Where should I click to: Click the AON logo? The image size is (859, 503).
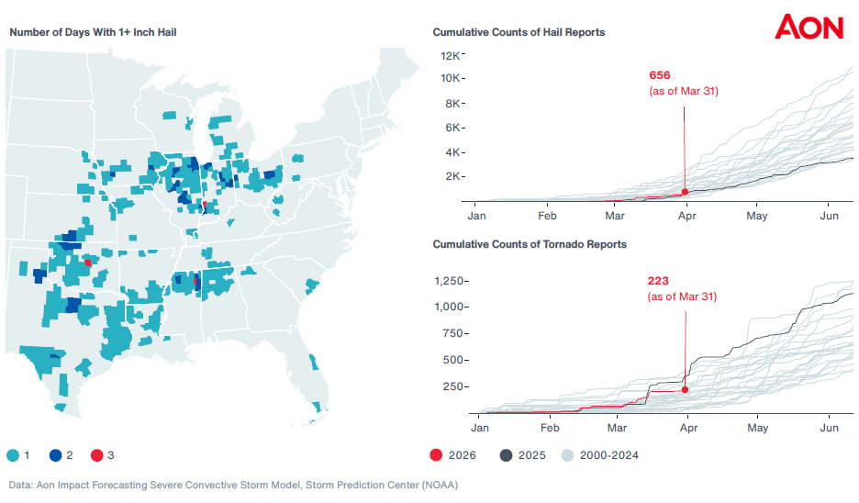click(x=809, y=27)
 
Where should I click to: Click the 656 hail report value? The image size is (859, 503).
click(x=660, y=75)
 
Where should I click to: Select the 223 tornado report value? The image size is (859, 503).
click(x=660, y=281)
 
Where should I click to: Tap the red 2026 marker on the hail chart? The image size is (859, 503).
click(x=685, y=192)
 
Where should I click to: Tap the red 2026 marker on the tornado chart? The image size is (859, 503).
click(x=685, y=390)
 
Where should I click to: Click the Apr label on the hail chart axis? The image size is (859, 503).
click(x=686, y=217)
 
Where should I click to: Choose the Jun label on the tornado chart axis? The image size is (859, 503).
click(x=829, y=428)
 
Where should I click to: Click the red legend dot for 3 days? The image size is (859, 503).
click(x=96, y=455)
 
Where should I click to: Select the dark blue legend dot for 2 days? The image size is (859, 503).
click(x=55, y=455)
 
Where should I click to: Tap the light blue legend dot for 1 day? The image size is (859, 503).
click(x=14, y=455)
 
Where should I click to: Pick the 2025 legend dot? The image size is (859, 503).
click(x=506, y=455)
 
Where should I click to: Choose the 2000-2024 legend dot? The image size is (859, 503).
click(x=568, y=455)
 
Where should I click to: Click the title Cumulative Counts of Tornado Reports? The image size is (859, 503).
click(x=530, y=245)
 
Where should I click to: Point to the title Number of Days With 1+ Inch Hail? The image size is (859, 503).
click(x=93, y=32)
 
